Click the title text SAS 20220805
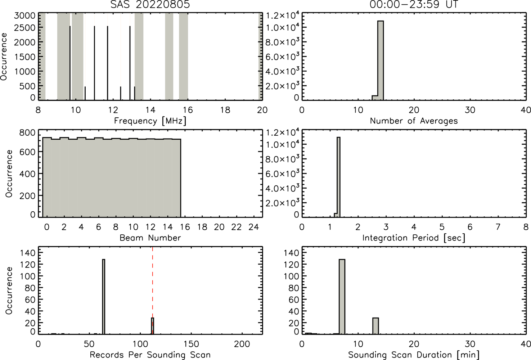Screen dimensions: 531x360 pyautogui.click(x=150, y=4)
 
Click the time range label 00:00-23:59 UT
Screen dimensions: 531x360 pyautogui.click(x=414, y=4)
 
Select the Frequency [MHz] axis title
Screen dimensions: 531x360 pyautogui.click(x=150, y=121)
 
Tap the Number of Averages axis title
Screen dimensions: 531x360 pyautogui.click(x=414, y=121)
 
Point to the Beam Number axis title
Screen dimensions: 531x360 pyautogui.click(x=150, y=238)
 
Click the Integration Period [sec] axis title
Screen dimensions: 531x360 pyautogui.click(x=414, y=238)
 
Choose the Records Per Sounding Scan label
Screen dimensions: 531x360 pyautogui.click(x=150, y=355)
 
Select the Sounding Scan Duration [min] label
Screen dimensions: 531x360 pyautogui.click(x=414, y=355)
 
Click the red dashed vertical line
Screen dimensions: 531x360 pyautogui.click(x=152, y=290)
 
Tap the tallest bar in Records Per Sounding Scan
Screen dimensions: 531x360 pyautogui.click(x=104, y=297)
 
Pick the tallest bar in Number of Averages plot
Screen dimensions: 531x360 pyautogui.click(x=381, y=60)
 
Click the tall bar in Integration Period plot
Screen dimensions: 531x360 pyautogui.click(x=338, y=177)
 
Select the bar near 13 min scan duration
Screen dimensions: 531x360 pyautogui.click(x=375, y=326)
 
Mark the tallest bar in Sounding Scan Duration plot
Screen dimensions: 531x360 pyautogui.click(x=342, y=297)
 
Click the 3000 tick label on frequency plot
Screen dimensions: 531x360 pyautogui.click(x=24, y=16)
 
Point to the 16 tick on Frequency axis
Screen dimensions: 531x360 pyautogui.click(x=188, y=110)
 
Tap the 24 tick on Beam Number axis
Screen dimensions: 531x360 pyautogui.click(x=254, y=227)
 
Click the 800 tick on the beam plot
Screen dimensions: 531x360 pyautogui.click(x=27, y=132)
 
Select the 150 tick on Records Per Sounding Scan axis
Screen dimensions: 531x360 pyautogui.click(x=191, y=344)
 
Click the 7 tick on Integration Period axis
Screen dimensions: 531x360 pyautogui.click(x=498, y=227)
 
